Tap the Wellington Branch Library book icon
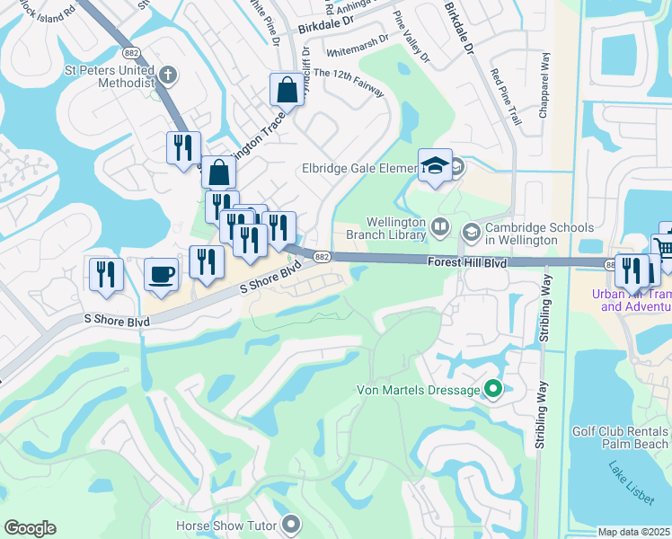tap(440, 226)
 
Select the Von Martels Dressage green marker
tap(492, 389)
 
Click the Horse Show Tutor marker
tap(291, 523)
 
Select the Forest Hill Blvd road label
tap(467, 263)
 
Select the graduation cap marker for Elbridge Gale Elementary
tap(435, 166)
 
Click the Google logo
tap(30, 528)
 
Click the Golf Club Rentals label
tap(621, 431)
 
